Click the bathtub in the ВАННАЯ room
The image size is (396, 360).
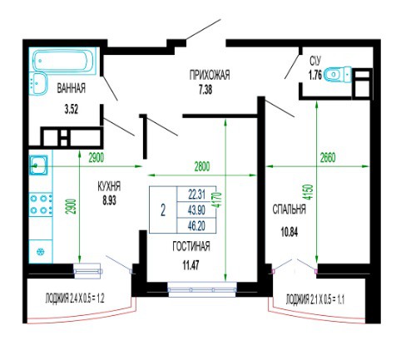click(64, 61)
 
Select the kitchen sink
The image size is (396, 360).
click(38, 165)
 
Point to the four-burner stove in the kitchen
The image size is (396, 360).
click(41, 205)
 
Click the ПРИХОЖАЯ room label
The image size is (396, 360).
click(210, 75)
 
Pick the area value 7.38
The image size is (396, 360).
click(205, 90)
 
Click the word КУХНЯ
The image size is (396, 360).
click(109, 186)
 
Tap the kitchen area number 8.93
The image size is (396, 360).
click(109, 200)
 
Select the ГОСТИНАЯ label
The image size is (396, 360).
click(191, 246)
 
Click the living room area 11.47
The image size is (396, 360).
click(191, 265)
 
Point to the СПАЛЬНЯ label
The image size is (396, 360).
click(290, 210)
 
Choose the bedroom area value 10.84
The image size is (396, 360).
click(290, 232)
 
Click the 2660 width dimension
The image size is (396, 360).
click(328, 158)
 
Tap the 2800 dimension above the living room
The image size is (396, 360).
click(202, 166)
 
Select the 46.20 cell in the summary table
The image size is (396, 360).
click(196, 226)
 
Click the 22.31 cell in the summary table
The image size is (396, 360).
click(196, 195)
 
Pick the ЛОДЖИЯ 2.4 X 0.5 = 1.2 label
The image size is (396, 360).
click(75, 298)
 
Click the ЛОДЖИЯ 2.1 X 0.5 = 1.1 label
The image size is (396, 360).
click(315, 299)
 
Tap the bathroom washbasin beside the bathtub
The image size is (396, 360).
click(37, 83)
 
